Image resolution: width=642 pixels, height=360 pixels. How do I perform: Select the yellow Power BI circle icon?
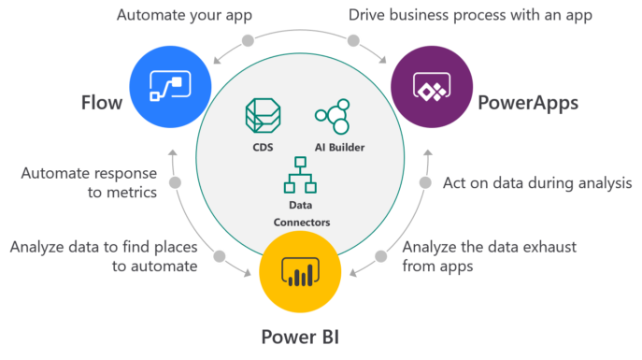[x=298, y=271]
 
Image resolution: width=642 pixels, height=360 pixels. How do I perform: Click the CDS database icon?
[x=262, y=116]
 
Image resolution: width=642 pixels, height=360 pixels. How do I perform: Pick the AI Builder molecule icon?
[x=332, y=117]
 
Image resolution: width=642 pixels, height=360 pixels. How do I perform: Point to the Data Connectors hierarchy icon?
[x=301, y=173]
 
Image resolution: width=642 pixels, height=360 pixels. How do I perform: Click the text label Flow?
[x=100, y=102]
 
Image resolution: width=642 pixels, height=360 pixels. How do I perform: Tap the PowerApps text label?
[x=528, y=102]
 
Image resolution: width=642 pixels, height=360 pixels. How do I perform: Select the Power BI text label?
[x=299, y=336]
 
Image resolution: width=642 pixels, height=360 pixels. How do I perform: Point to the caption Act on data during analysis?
[x=537, y=184]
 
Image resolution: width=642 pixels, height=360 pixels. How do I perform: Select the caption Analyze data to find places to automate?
[x=104, y=256]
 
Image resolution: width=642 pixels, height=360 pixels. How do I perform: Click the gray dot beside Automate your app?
[x=248, y=41]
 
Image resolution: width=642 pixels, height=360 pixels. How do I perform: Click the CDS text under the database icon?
[x=262, y=147]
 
